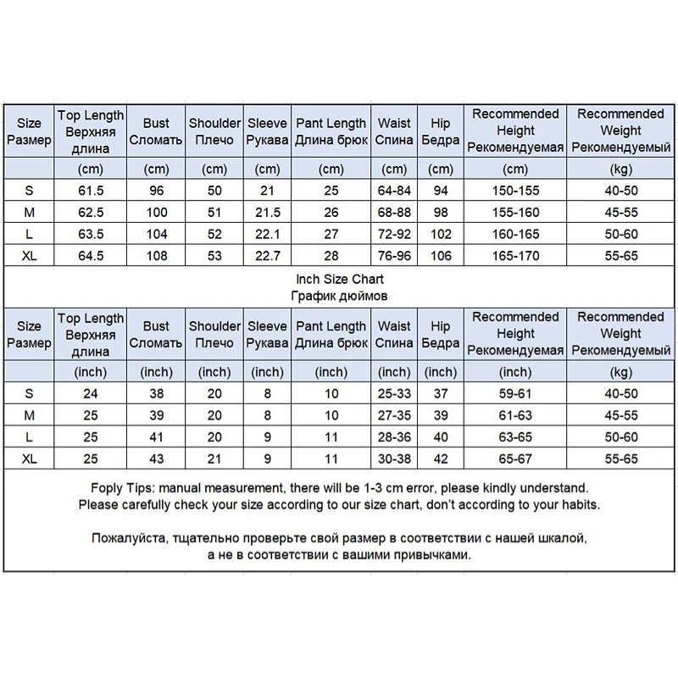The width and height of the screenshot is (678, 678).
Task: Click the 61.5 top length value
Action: click(x=91, y=190)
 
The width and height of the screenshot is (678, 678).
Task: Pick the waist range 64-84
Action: click(x=394, y=190)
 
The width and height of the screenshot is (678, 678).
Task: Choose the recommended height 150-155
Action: click(x=515, y=190)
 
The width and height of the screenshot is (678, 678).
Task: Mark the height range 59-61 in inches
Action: click(x=515, y=393)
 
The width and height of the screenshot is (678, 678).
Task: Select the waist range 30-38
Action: click(x=394, y=458)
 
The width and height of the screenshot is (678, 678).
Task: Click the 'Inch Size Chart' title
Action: click(x=339, y=279)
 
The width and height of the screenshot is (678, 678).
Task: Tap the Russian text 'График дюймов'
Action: click(x=339, y=295)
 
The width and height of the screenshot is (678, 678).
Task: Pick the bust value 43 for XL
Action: click(x=156, y=458)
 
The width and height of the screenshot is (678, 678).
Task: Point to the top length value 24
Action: click(x=91, y=393)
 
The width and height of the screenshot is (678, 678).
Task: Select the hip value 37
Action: click(x=441, y=393)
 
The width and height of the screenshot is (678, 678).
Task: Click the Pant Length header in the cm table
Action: click(x=331, y=131)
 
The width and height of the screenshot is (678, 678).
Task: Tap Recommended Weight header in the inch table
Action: click(x=620, y=333)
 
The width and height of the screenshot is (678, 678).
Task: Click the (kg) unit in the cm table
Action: click(x=620, y=169)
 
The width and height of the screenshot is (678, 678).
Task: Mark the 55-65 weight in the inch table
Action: click(x=620, y=458)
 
